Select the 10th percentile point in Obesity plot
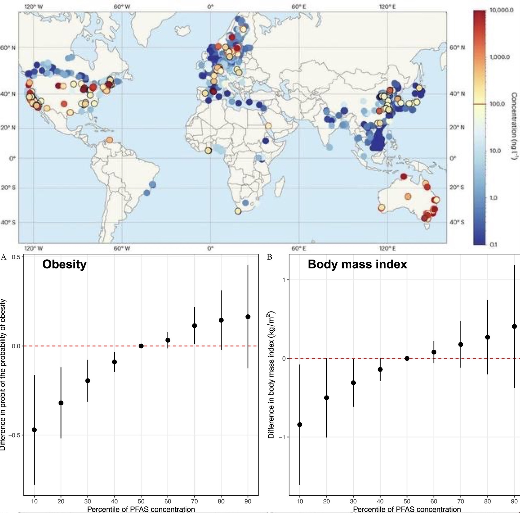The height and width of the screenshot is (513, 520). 34,429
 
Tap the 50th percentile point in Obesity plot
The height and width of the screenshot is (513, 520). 141,346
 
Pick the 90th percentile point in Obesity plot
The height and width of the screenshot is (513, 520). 248,316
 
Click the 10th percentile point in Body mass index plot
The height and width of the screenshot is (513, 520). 300,424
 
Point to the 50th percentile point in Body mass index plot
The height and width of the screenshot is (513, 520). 407,358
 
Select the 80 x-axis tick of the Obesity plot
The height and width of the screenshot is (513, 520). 221,501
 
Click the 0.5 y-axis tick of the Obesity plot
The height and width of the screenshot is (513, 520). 16,257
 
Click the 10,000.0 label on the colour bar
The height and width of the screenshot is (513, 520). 502,10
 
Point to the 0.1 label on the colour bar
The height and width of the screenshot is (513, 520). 493,244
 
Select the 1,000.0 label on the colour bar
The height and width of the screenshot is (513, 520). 499,57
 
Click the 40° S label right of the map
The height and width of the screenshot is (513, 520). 457,222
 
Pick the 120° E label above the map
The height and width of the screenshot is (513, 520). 387,6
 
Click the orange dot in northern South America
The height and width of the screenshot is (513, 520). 109,140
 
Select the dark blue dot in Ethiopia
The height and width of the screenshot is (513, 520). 266,141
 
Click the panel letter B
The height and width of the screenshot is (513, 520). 269,257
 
